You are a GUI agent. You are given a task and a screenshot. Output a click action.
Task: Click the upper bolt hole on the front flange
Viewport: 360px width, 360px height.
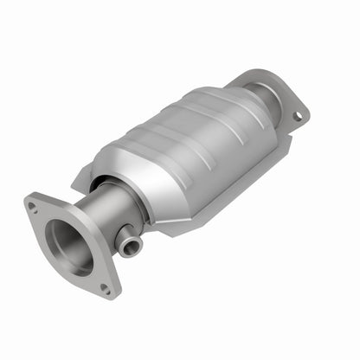click(x=32, y=206)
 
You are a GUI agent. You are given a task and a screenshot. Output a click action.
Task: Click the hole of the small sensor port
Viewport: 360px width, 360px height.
click(x=131, y=248)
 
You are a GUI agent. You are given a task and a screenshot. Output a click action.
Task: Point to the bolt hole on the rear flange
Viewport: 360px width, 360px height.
click(x=297, y=114)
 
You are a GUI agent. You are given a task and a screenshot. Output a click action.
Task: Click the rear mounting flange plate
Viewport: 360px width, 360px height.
click(x=281, y=95)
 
